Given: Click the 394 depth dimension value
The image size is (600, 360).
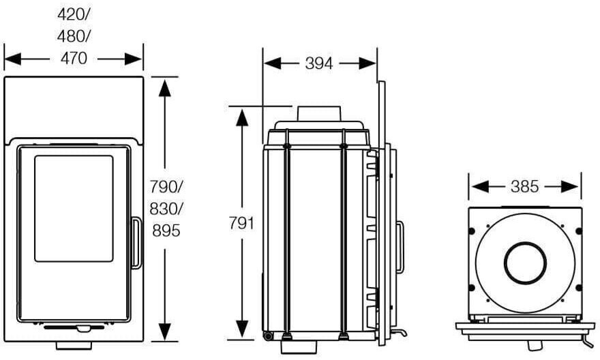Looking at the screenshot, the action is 319,63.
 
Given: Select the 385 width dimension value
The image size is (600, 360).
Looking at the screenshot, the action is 524,187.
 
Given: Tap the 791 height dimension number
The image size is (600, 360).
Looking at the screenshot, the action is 241,223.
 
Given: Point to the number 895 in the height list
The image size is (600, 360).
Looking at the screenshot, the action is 166,230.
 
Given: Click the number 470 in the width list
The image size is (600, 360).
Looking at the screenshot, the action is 74,59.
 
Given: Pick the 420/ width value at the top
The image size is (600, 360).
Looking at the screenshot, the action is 73,14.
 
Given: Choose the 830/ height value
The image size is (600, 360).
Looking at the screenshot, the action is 166,209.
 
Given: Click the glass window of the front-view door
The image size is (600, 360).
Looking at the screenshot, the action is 74,209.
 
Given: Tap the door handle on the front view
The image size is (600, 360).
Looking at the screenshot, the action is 136,243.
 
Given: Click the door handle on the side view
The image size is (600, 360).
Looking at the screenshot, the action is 400,246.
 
